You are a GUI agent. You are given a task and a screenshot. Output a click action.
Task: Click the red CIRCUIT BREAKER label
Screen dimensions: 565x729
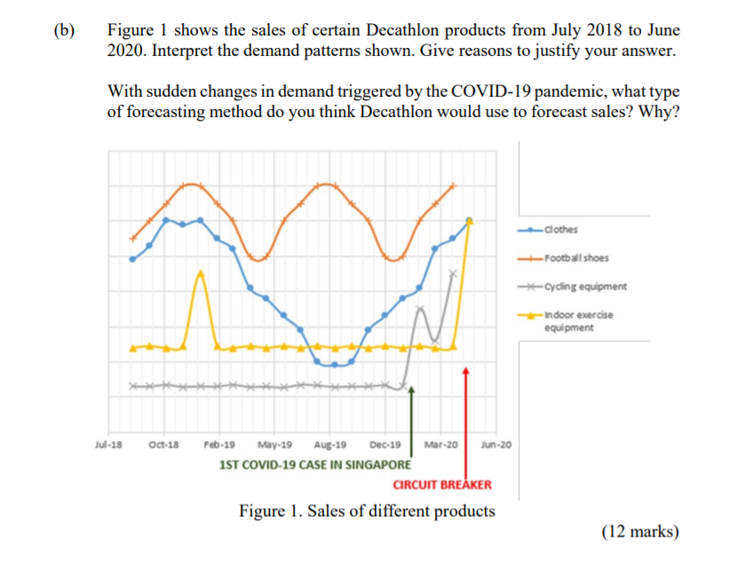pos(441,484)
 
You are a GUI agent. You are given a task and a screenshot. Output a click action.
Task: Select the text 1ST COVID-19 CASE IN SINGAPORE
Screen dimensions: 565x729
pos(314,464)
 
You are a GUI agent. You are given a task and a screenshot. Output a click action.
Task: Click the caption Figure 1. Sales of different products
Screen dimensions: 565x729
pos(367,511)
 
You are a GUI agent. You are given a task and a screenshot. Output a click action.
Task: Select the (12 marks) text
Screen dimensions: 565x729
pos(639,532)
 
